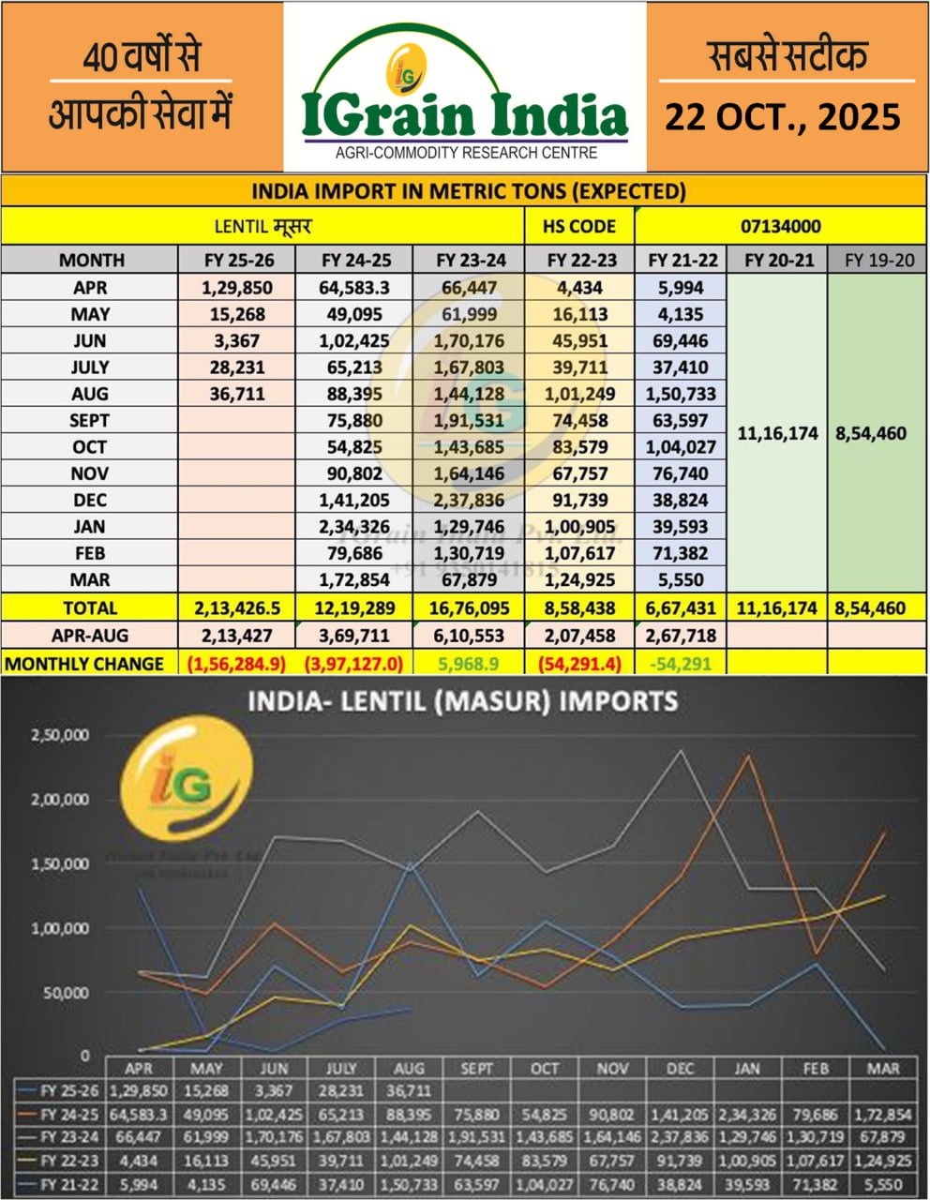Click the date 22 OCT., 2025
tap(782, 117)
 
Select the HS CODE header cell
tap(579, 226)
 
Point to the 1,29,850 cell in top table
tap(236, 288)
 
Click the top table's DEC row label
tap(90, 500)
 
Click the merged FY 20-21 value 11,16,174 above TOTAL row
tap(777, 434)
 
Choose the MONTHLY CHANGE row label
tap(84, 664)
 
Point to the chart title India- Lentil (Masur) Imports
tap(462, 701)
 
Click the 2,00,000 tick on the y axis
tap(61, 800)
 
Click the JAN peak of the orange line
tap(747, 756)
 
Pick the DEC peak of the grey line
tap(680, 751)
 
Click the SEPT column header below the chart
tap(477, 1068)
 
